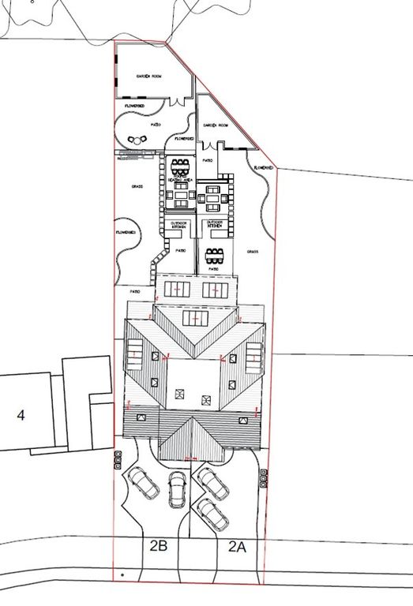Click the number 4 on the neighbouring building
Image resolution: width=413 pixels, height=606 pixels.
coord(21,415)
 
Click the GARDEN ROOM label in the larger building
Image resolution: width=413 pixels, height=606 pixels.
coord(148,76)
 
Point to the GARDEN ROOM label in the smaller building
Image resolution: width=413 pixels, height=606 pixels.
coord(215,125)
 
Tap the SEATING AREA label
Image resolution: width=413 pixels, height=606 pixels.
coord(181,180)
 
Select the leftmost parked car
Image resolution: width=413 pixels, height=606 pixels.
coord(143,482)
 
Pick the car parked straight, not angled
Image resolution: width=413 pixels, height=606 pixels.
coord(176,488)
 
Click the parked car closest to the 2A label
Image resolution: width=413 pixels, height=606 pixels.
coord(212,514)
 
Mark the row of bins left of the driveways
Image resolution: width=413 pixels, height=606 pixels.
coord(118,458)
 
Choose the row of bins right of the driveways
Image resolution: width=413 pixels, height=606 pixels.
coord(263,476)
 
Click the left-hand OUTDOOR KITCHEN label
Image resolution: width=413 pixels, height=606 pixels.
coord(180,226)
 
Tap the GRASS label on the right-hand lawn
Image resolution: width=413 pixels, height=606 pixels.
coord(253,252)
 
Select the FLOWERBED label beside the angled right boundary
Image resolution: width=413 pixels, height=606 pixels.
coord(263,168)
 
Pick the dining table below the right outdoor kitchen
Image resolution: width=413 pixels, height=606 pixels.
coord(214,256)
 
